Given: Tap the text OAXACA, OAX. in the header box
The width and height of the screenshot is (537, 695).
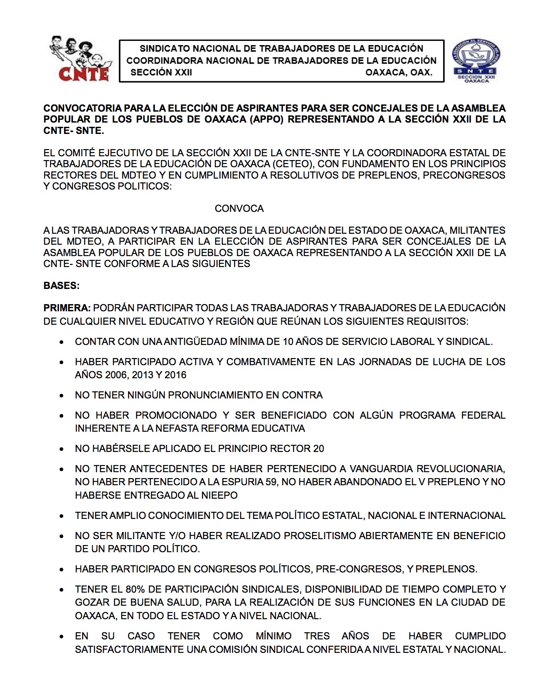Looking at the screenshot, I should point(398,72).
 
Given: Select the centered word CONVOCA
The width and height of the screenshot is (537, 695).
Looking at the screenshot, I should point(239,208).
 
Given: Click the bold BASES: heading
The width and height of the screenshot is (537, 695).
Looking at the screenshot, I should point(61,286).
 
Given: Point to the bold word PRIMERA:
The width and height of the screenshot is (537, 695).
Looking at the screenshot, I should point(67,308).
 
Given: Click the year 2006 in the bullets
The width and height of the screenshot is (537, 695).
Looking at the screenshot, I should point(115,375).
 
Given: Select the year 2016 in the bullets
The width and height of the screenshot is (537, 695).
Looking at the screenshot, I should point(175,375).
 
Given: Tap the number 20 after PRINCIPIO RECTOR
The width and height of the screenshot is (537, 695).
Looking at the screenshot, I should point(318,449).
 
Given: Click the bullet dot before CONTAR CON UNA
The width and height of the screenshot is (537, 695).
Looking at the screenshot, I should point(62,342).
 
